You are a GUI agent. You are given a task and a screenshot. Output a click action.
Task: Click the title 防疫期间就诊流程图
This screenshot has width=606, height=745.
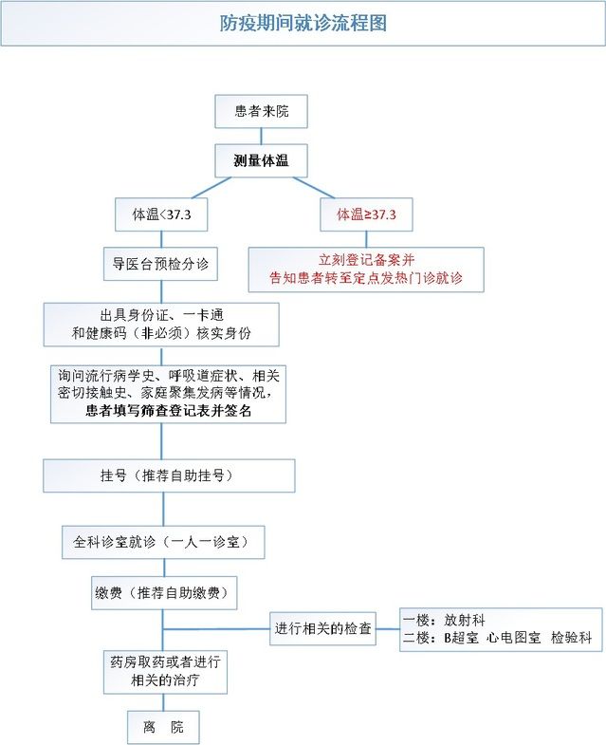tap(303, 24)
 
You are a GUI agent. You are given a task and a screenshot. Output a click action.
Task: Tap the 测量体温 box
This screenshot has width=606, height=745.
tap(261, 160)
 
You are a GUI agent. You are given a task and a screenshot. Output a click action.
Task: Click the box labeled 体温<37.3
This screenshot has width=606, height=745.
tap(161, 215)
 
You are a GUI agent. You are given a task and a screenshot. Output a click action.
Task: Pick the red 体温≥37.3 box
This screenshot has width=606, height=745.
tap(366, 215)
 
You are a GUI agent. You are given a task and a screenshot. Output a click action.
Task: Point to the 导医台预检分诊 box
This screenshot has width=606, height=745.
tap(160, 264)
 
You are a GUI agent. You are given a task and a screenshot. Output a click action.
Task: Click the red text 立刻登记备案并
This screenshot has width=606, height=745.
tap(366, 260)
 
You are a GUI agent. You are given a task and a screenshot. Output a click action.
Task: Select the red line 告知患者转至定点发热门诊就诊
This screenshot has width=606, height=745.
tap(366, 279)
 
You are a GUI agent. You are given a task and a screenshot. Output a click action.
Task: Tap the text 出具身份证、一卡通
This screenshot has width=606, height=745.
tap(161, 314)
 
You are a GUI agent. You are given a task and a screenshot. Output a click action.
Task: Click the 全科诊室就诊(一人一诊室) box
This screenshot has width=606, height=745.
tap(161, 542)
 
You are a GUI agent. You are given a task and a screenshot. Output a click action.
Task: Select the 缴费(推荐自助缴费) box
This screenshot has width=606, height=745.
tap(163, 593)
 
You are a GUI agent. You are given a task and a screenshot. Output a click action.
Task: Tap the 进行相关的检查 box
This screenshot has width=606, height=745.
tap(322, 628)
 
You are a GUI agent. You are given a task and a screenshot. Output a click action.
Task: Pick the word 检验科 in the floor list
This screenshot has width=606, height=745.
tap(573, 638)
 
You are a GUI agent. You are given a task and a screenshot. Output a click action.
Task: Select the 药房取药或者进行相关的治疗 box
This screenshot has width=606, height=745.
tap(166, 671)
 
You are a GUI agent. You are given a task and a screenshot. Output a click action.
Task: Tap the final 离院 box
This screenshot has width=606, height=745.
tap(162, 727)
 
